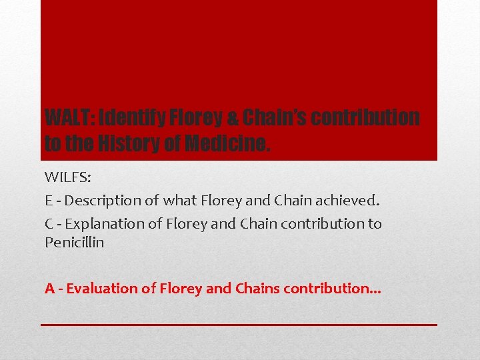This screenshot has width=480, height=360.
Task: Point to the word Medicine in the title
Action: pyautogui.click(x=227, y=143)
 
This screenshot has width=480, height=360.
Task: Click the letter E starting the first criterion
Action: pyautogui.click(x=49, y=200)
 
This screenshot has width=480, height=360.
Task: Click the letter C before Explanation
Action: pyautogui.click(x=49, y=223)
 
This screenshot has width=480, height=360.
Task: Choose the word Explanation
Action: pyautogui.click(x=104, y=223)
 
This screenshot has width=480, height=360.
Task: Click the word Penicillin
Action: pyautogui.click(x=74, y=243)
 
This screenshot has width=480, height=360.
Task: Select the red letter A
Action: pyautogui.click(x=49, y=289)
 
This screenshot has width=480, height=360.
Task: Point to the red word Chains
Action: pyautogui.click(x=257, y=289)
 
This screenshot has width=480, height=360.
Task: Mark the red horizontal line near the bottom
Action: pyautogui.click(x=239, y=325)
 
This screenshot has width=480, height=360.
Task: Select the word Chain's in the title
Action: pyautogui.click(x=273, y=118)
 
